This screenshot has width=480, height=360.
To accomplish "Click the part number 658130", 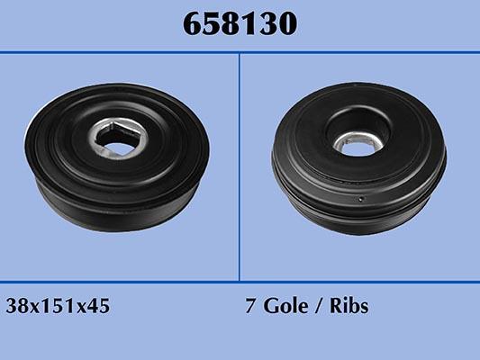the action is point(240,23).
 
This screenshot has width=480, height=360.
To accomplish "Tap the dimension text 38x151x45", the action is point(58,306).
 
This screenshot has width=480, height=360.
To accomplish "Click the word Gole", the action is point(285,305).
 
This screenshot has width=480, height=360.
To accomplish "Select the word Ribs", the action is point(349,305).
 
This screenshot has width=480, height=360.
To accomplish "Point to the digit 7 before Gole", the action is point(250,306).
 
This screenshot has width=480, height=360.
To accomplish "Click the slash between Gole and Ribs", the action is point(318,306).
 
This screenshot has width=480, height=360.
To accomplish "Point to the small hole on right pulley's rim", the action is point(361,199).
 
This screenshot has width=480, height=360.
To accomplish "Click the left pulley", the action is point(117,157).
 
